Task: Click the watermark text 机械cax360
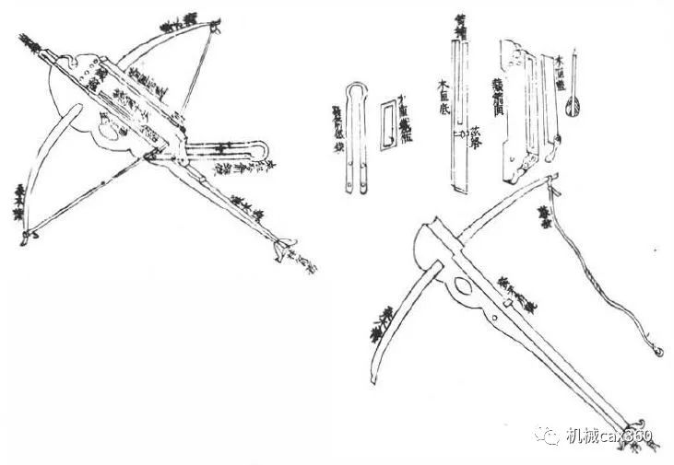click(609, 436)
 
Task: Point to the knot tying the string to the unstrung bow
click(555, 192)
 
